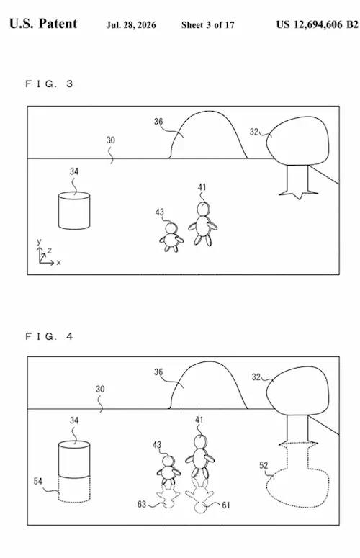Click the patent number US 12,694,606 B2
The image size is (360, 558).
[317, 24]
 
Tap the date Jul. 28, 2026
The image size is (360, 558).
[131, 25]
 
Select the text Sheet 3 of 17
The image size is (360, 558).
[208, 25]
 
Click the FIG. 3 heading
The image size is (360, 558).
[49, 84]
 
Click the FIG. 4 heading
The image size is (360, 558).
[49, 336]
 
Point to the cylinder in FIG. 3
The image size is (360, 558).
[74, 210]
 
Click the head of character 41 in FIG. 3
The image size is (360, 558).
[203, 209]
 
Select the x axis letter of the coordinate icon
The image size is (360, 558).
[59, 263]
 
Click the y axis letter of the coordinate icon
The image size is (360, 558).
[39, 242]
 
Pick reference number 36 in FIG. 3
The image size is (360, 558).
[158, 122]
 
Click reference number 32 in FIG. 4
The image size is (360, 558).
[256, 377]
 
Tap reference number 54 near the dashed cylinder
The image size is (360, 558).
[38, 481]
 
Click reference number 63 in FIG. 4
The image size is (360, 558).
[142, 504]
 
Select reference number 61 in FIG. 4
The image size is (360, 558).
[226, 505]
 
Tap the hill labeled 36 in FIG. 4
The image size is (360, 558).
[208, 384]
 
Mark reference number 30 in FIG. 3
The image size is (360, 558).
[111, 140]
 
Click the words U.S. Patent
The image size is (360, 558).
[43, 24]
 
